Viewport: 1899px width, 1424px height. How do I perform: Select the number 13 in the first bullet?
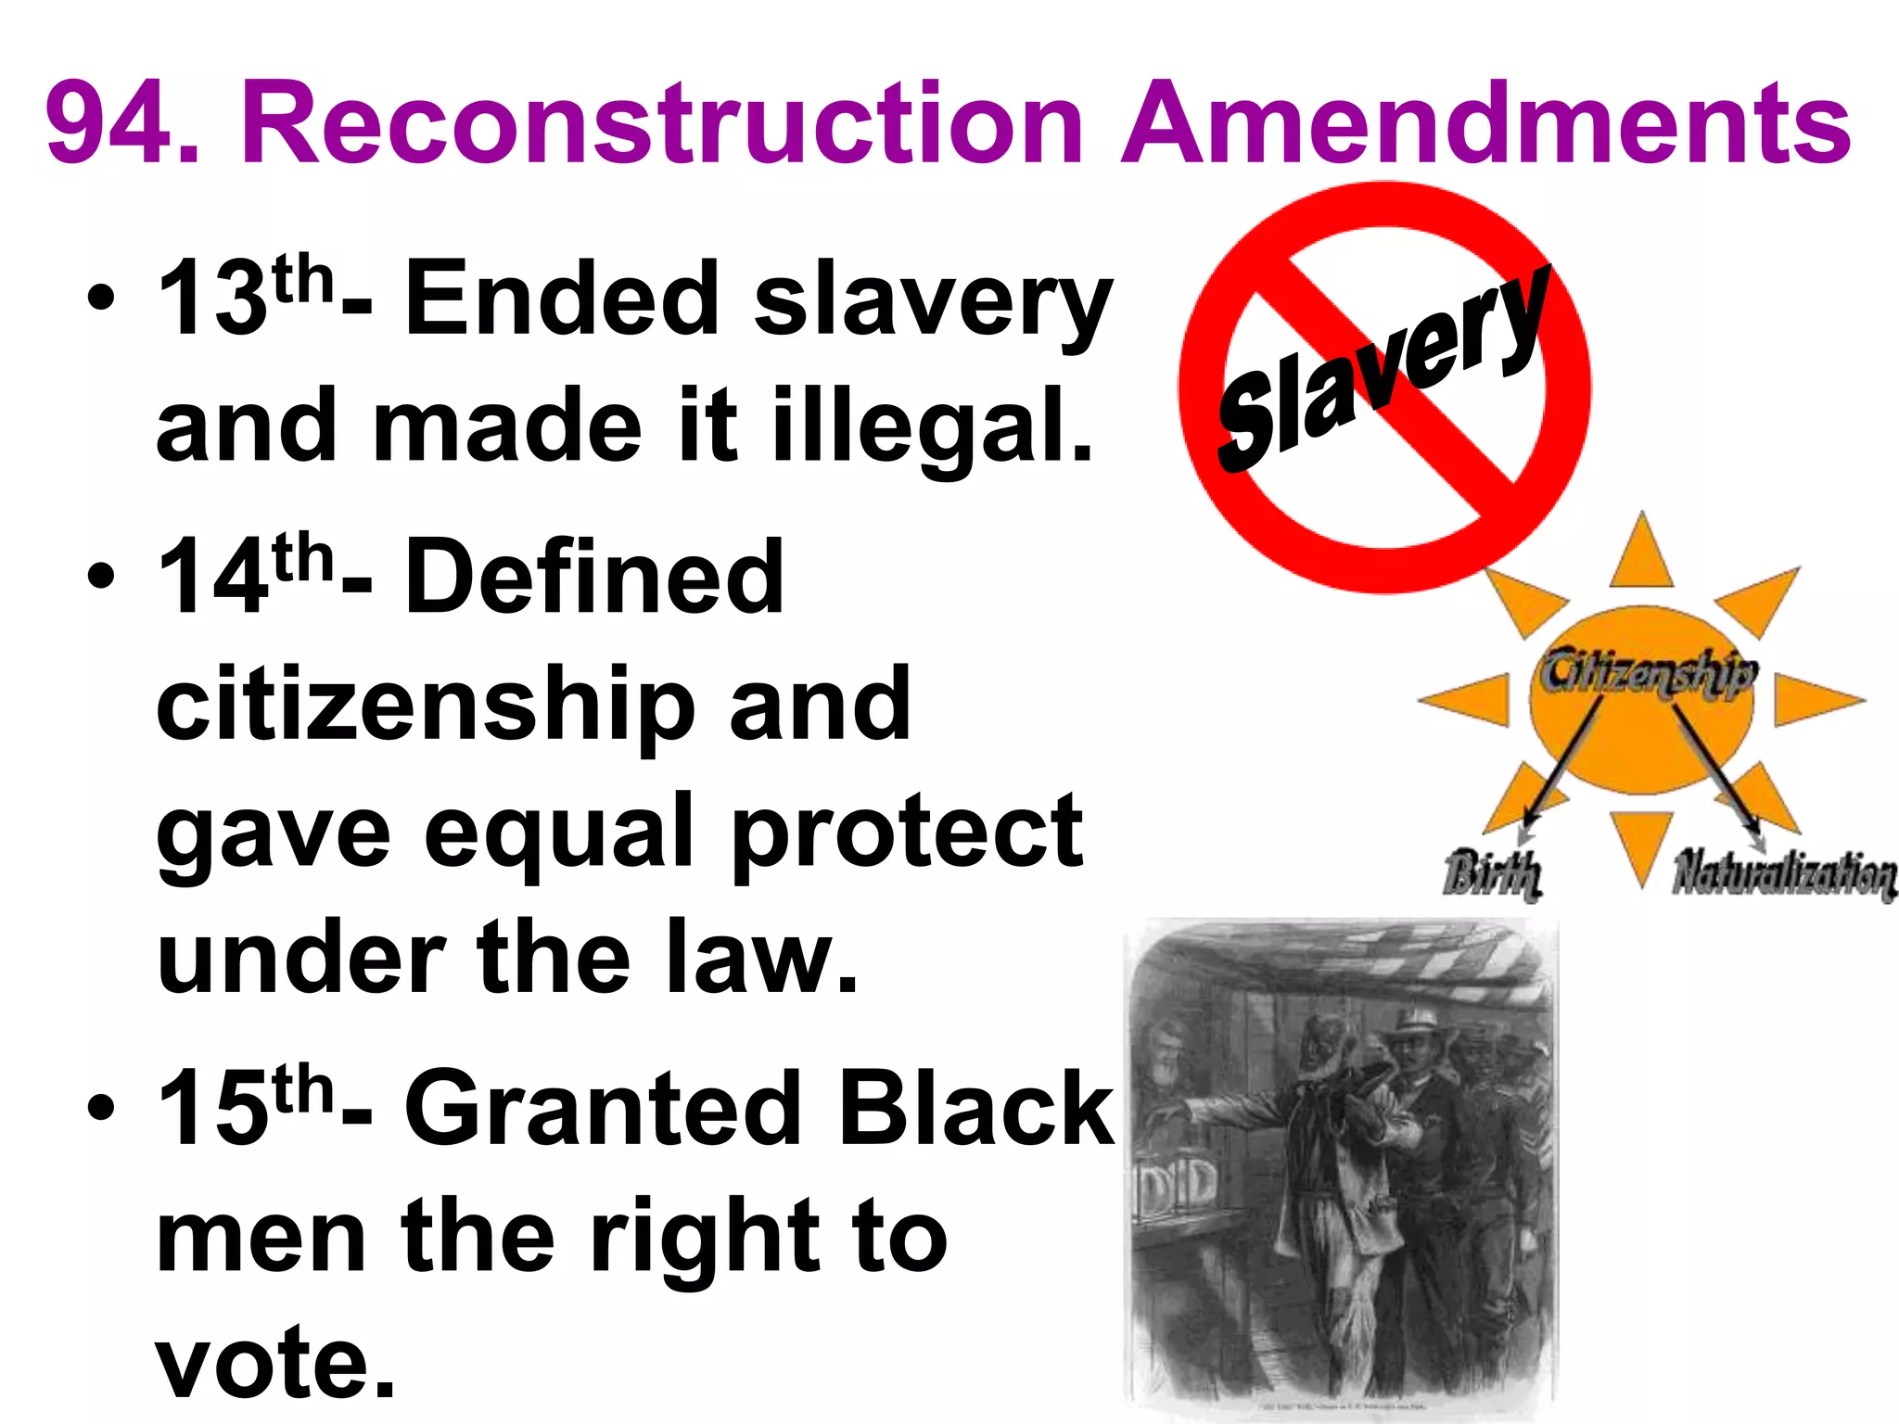click(212, 299)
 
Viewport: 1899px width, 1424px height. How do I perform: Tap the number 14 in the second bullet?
click(212, 577)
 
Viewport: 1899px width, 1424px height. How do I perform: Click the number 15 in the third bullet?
click(212, 1108)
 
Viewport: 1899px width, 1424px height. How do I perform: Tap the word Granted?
click(603, 1108)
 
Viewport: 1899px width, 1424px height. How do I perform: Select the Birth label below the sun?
click(1492, 873)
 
